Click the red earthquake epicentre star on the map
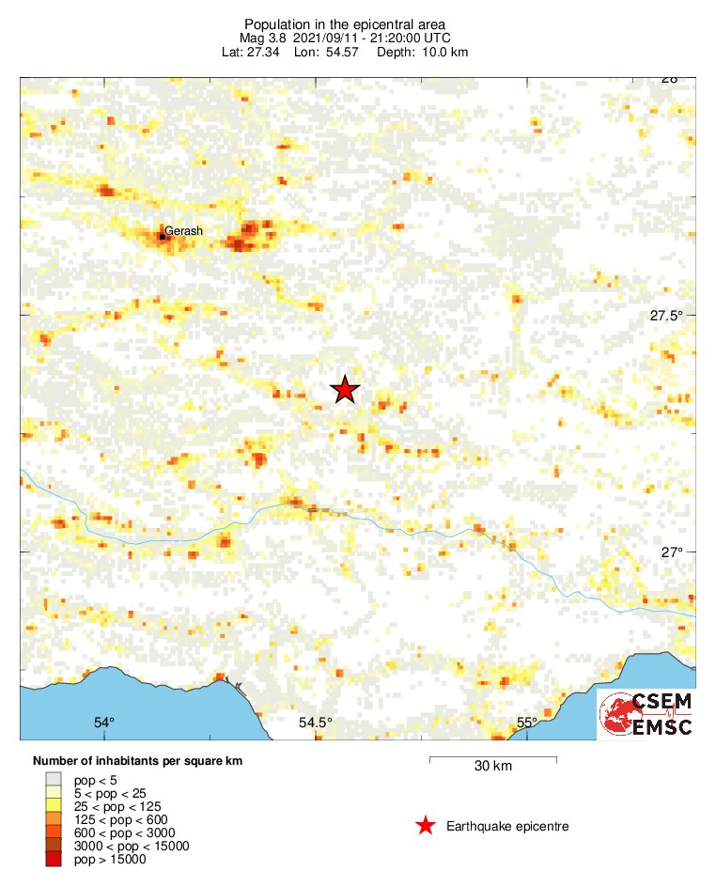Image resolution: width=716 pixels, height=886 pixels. (x=346, y=389)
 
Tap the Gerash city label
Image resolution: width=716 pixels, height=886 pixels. (x=183, y=230)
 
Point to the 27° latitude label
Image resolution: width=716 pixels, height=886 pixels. (x=670, y=552)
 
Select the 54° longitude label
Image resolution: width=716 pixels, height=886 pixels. (x=104, y=723)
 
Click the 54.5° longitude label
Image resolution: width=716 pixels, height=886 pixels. (x=316, y=723)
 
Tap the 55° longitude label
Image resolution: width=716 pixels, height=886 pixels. (x=526, y=723)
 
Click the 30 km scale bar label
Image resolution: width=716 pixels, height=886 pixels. (x=492, y=767)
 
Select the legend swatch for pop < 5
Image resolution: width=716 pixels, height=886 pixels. (x=54, y=779)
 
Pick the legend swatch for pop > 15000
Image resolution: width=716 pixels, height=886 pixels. (x=54, y=859)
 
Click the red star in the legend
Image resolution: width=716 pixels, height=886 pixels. (x=426, y=826)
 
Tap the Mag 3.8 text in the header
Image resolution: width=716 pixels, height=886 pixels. (x=265, y=38)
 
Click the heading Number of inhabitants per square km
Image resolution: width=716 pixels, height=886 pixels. (x=138, y=760)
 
